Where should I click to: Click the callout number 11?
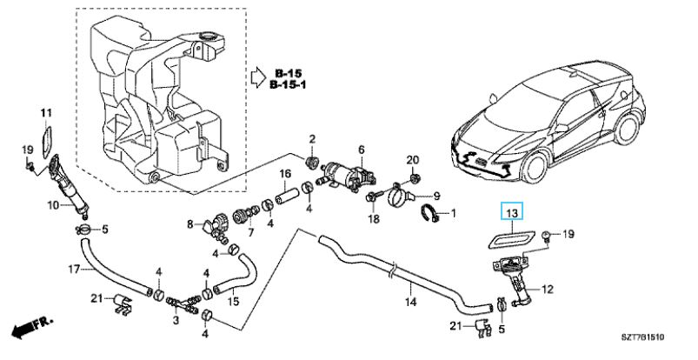pyautogui.click(x=46, y=113)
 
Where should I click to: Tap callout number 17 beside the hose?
pyautogui.click(x=76, y=269)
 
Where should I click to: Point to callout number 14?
pyautogui.click(x=411, y=302)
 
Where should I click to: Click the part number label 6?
pyautogui.click(x=362, y=150)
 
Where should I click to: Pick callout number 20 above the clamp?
pyautogui.click(x=413, y=159)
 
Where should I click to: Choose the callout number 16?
pyautogui.click(x=283, y=175)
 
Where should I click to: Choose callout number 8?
pyautogui.click(x=189, y=223)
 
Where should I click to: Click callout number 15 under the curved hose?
pyautogui.click(x=233, y=301)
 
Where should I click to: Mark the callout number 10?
pyautogui.click(x=52, y=205)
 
